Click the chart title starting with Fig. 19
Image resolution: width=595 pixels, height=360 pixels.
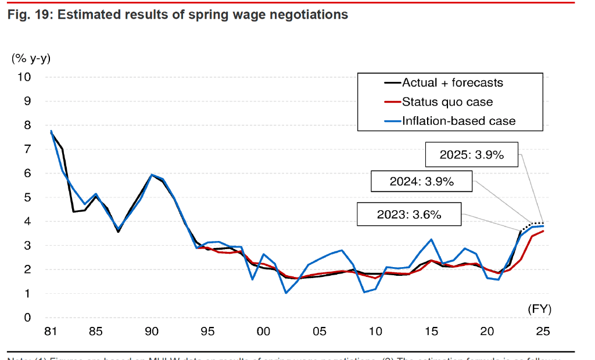point(177,15)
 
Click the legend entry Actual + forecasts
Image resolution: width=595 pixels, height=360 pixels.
point(452,82)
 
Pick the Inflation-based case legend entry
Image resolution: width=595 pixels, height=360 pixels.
point(458,121)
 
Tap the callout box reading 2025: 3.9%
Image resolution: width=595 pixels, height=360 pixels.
point(471,155)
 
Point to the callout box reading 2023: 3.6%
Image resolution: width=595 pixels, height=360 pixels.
point(409,214)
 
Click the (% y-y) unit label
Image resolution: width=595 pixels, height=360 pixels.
point(31,57)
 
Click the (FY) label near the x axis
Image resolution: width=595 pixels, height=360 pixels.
point(539,309)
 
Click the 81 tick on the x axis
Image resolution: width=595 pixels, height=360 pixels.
point(51,332)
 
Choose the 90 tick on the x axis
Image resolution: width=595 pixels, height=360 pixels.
point(152,332)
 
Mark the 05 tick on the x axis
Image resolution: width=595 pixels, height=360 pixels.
point(319,332)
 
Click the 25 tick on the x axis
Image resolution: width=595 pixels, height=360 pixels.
point(543,332)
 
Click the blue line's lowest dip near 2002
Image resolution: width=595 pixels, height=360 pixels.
point(286,293)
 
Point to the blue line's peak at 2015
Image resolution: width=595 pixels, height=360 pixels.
point(431,239)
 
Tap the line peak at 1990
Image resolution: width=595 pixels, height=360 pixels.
point(152,175)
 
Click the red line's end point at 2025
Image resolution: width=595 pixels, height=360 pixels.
point(543,231)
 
